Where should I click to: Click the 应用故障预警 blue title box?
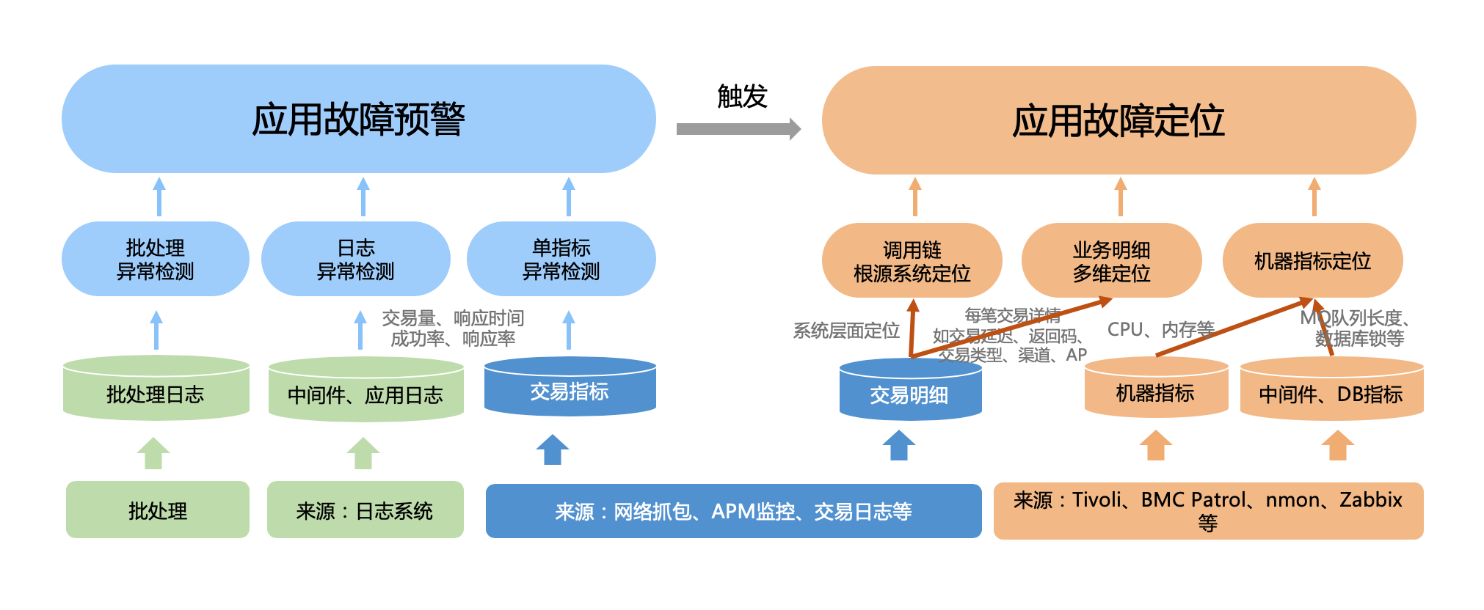[x=358, y=119]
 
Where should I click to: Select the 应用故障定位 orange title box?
[x=1118, y=120]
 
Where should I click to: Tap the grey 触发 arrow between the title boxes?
[x=738, y=129]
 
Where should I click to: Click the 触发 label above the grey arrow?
[x=742, y=96]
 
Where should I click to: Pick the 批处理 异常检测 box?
[x=156, y=259]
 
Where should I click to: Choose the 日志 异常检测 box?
[x=356, y=259]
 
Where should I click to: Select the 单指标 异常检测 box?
[x=561, y=259]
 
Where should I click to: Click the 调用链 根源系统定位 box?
[x=912, y=261]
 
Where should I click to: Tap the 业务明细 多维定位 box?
[x=1111, y=261]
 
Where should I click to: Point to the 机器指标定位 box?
[x=1312, y=261]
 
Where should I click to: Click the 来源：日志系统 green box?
[x=365, y=510]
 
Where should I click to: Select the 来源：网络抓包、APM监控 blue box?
[x=733, y=511]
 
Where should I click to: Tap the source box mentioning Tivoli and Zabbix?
[x=1208, y=511]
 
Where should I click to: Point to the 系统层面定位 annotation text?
[x=846, y=331]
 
